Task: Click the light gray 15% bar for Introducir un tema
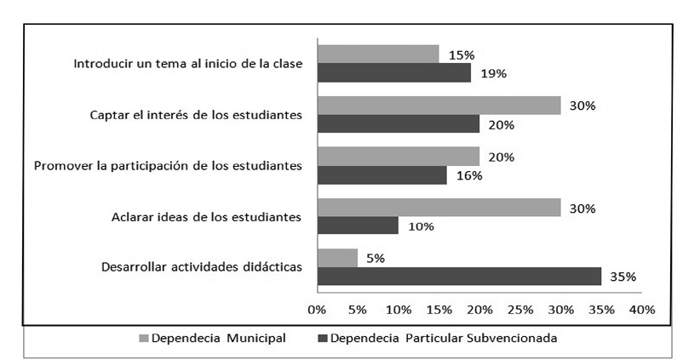coord(378,54)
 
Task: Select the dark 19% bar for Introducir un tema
coord(394,73)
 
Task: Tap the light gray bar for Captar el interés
coord(439,106)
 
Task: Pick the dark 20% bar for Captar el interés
coord(399,124)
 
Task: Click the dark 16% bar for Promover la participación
coord(382,175)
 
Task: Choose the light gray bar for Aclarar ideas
coord(439,208)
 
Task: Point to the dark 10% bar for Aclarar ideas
coord(358,226)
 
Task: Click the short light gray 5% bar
coord(337,258)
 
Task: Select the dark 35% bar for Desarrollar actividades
coord(459,277)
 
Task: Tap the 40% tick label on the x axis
coord(642,309)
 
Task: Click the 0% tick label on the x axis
coord(317,309)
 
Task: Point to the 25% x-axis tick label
coord(520,309)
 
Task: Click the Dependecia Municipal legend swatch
coord(144,338)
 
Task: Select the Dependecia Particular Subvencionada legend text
coord(444,338)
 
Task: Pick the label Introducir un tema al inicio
coord(188,64)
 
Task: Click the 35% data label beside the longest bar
coord(623,277)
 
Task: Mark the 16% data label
coord(469,175)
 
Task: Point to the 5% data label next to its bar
coord(373,258)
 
